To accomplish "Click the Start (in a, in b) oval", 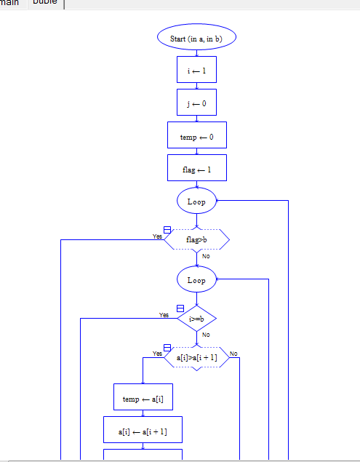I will pos(196,38).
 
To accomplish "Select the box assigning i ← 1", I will pos(196,70).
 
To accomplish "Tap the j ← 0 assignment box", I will pos(196,103).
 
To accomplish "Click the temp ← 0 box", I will pos(196,135).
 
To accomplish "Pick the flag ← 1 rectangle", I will pos(196,168).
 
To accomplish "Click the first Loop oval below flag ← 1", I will pos(196,201).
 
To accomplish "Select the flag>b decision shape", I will pos(196,239).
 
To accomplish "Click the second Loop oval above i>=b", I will pos(196,279).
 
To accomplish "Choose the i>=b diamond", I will pos(196,318).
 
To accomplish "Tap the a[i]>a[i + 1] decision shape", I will pos(196,357).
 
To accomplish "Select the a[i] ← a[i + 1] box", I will pos(143,431).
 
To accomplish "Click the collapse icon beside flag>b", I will pos(168,230).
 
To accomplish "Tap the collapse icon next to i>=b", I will pos(180,308).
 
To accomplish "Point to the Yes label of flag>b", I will pos(157,236).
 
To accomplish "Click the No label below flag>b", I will pos(206,256).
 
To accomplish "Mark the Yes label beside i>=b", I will pos(164,315).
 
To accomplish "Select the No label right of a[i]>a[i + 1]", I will pos(233,354).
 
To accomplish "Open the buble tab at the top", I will pos(45,3).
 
